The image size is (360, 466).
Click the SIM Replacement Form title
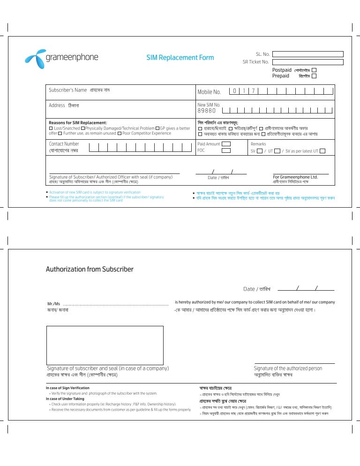coord(180,58)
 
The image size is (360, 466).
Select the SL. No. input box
coord(308,54)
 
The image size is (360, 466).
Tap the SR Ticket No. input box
coord(308,62)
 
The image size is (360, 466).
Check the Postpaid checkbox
coord(314,69)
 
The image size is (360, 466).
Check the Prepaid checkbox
coord(314,75)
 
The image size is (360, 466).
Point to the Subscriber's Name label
coord(68,90)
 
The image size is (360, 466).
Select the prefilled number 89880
coord(207,111)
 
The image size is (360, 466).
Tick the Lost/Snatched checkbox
coord(51,128)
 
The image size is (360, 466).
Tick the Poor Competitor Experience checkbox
coord(120,133)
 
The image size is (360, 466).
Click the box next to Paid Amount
coord(226,144)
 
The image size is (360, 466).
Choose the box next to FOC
coord(226,150)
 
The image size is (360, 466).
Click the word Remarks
coord(258,144)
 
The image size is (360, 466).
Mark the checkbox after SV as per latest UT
coord(322,151)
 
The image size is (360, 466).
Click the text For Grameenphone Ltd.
coord(295,177)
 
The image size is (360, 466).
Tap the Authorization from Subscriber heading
coord(90,269)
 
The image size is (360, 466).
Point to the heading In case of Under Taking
coord(65,398)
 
